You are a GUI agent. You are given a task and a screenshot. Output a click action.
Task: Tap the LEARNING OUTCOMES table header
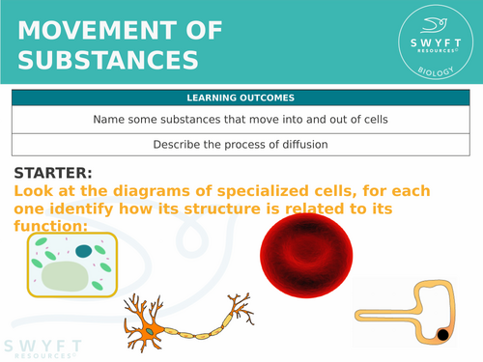click(241, 97)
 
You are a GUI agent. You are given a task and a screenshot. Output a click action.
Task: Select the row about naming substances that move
click(241, 120)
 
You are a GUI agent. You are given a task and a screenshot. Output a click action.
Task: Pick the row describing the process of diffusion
click(241, 145)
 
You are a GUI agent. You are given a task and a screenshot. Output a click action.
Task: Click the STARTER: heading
click(53, 174)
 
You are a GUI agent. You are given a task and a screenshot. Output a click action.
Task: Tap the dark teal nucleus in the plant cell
click(85, 251)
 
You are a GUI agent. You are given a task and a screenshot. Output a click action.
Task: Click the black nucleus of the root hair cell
click(442, 335)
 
